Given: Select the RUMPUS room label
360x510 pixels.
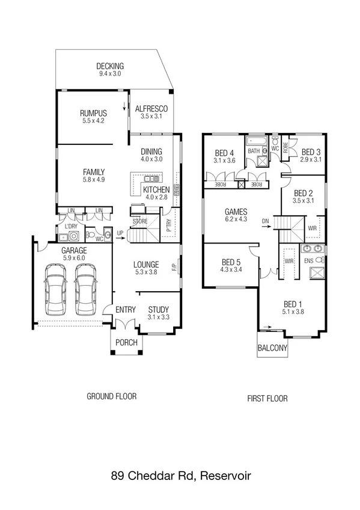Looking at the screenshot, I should pos(93,113).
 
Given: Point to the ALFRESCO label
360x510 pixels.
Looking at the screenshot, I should pos(151,109).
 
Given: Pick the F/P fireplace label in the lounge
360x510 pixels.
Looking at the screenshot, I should pos(174,266).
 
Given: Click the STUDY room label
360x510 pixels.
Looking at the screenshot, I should pos(159,310).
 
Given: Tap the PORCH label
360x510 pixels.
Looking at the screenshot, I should pos(126,343).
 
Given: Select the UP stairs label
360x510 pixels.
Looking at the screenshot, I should pos(120,233).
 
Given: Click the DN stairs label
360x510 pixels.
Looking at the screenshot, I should pos(266,221).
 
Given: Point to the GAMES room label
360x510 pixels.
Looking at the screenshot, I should pos(235,212).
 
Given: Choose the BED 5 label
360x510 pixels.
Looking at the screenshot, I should pos(231,262).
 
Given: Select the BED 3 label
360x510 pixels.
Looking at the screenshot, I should pos(310,152).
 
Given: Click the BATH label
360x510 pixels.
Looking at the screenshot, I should pos(254,151).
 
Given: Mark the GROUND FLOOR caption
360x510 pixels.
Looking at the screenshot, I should pos(112,396).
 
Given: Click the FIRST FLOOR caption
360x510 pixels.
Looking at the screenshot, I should pos(267,398).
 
